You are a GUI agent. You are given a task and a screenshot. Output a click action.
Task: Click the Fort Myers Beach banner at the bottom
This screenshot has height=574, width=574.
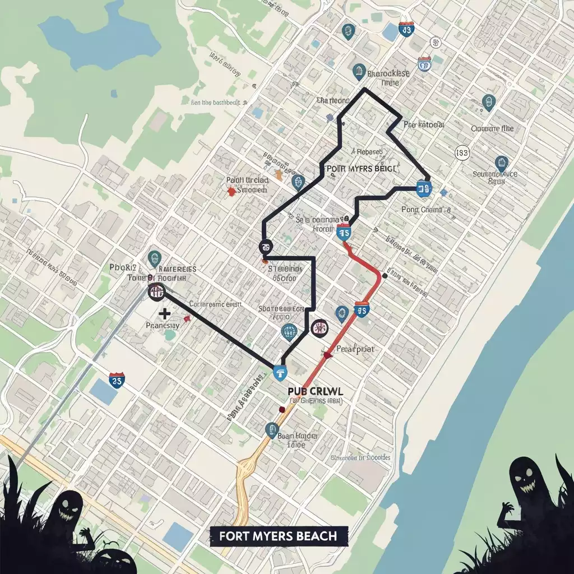pos(279,536)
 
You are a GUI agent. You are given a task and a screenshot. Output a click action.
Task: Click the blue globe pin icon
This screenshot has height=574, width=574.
pos(289,332)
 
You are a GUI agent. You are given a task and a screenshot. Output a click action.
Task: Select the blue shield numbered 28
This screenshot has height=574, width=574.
pos(117,379)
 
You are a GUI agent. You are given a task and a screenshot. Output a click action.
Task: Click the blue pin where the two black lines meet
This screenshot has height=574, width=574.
pos(279,372)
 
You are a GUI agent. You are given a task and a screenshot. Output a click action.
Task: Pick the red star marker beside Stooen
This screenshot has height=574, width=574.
pos(230,191)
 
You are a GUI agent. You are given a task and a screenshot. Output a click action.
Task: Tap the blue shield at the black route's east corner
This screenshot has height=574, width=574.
pos(424,188)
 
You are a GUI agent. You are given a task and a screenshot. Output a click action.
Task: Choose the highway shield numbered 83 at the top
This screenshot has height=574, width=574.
pos(406,29)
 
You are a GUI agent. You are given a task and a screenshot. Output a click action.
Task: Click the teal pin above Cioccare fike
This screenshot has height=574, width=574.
pos(489,103)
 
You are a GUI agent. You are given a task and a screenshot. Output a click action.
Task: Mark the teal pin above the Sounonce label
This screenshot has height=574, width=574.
pos(501,164)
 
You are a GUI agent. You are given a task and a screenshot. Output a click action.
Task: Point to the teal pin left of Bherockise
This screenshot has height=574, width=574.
pos(358,72)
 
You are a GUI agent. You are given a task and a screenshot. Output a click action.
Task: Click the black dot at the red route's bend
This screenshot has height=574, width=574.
pos(385,275)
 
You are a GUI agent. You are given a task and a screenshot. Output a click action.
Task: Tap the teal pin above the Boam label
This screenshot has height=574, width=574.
pos(272,430)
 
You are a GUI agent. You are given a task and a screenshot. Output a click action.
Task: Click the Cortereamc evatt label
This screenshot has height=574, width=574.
pos(215,304)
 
